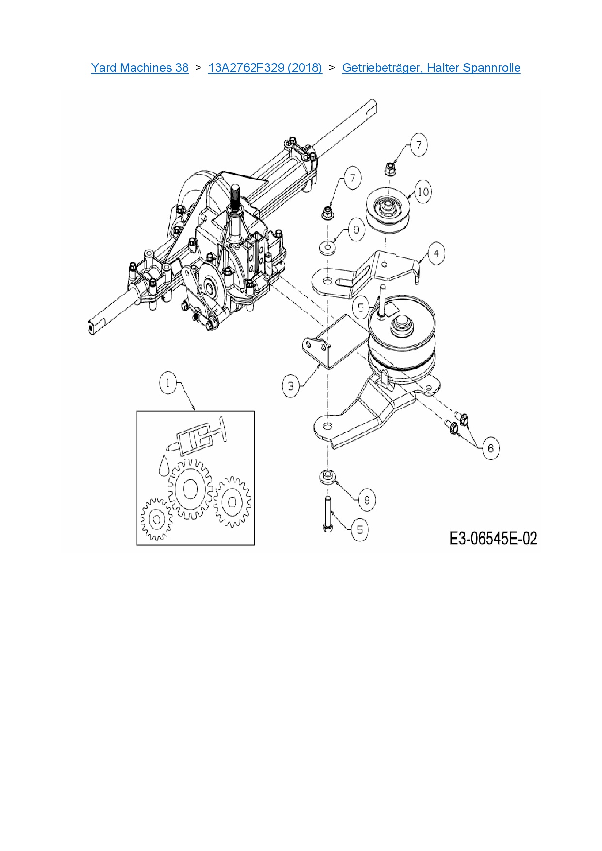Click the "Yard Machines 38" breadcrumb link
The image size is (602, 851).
coord(140,67)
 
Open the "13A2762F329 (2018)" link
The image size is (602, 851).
coord(265,67)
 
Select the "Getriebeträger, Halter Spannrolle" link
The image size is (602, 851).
coord(431,67)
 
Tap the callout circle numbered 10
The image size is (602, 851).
coord(423,192)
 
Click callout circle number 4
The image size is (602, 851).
coord(436,253)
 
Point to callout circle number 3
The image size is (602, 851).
coord(291,387)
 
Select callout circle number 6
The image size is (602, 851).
coord(490,448)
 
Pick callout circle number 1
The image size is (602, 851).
coord(168,383)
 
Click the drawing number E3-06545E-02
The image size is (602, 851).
coord(493,539)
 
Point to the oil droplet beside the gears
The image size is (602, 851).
coord(164,465)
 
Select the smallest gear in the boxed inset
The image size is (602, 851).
coord(156,520)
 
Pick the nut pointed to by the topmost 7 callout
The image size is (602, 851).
coord(389,169)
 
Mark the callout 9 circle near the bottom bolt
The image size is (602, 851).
coord(367,500)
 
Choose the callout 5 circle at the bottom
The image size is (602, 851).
coord(360,530)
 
